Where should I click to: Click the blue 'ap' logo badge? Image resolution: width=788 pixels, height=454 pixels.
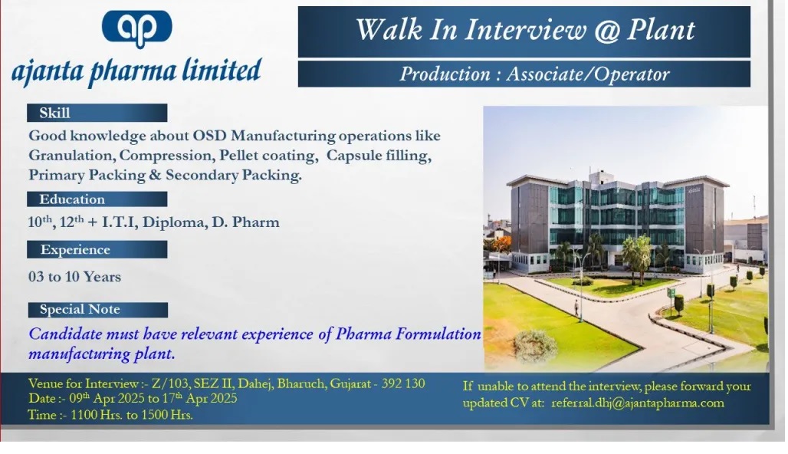[x=136, y=28]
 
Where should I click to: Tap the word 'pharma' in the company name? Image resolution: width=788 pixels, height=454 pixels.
[x=133, y=71]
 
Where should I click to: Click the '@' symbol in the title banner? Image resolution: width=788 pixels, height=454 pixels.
[x=606, y=30]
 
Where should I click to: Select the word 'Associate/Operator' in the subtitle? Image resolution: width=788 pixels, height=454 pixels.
[x=587, y=74]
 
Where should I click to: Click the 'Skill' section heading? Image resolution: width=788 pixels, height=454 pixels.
[x=54, y=113]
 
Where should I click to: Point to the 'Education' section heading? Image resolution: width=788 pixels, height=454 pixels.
[x=72, y=199]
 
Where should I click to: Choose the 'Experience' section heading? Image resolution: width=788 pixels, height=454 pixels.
[x=75, y=250]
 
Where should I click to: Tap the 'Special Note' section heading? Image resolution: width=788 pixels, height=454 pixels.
[x=80, y=309]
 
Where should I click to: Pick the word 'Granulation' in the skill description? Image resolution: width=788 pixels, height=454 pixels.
[x=72, y=156]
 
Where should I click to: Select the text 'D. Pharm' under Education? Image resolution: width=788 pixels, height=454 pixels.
[x=245, y=222]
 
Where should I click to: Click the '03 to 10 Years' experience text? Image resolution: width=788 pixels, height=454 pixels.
[x=74, y=277]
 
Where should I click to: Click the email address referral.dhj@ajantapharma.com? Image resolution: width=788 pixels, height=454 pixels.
[x=638, y=403]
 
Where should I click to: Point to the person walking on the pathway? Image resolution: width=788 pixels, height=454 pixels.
[x=576, y=308]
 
